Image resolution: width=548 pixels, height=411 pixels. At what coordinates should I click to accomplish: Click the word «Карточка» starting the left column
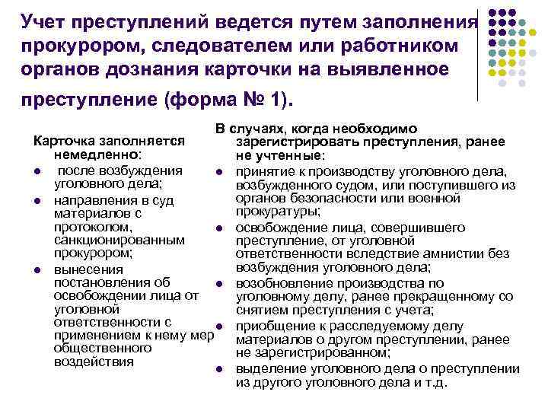pyautogui.click(x=60, y=142)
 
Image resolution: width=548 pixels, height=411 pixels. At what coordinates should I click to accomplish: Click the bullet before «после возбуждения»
pyautogui.click(x=37, y=169)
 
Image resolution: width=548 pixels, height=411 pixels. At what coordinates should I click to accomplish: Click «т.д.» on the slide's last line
pyautogui.click(x=438, y=382)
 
